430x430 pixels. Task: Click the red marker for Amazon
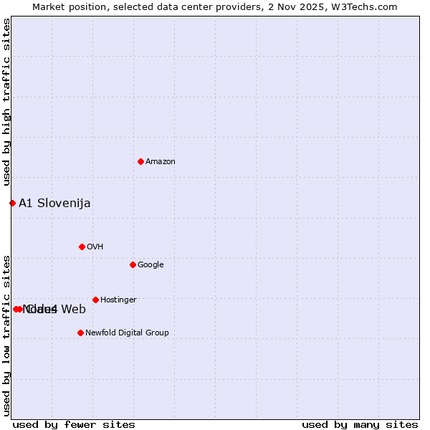pos(140,161)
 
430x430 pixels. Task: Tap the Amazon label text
pos(161,162)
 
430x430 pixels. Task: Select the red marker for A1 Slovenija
pos(12,203)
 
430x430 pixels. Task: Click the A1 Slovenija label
pos(54,204)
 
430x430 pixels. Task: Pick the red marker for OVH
pos(82,247)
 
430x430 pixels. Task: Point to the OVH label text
pos(95,247)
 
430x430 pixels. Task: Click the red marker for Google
pos(133,264)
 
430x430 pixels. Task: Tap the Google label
pos(150,265)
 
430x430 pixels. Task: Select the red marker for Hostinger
pos(95,300)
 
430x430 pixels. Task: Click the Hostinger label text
pos(118,300)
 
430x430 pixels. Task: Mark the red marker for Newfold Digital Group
pos(80,333)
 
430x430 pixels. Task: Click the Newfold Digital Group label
pos(127,333)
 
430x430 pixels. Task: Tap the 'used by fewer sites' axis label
pos(74,424)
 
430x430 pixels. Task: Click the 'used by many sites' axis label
pos(360,424)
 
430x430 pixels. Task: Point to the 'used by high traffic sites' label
pos(6,102)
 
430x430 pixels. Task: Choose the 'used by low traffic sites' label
pos(6,334)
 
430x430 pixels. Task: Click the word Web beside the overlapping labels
pos(73,310)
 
